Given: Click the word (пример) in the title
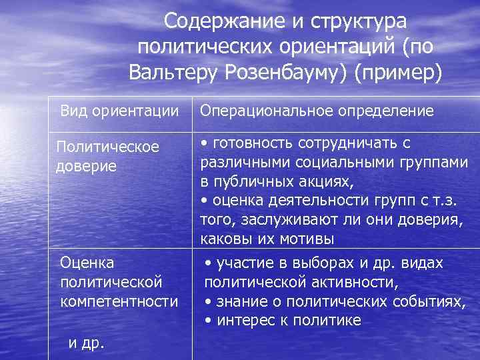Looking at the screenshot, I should coord(398,71).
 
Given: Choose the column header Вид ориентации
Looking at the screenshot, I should coord(119,110).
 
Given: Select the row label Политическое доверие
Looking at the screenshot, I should coord(107,155).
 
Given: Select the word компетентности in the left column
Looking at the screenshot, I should coord(119,301).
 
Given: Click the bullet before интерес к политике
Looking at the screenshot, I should coord(209,321).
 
